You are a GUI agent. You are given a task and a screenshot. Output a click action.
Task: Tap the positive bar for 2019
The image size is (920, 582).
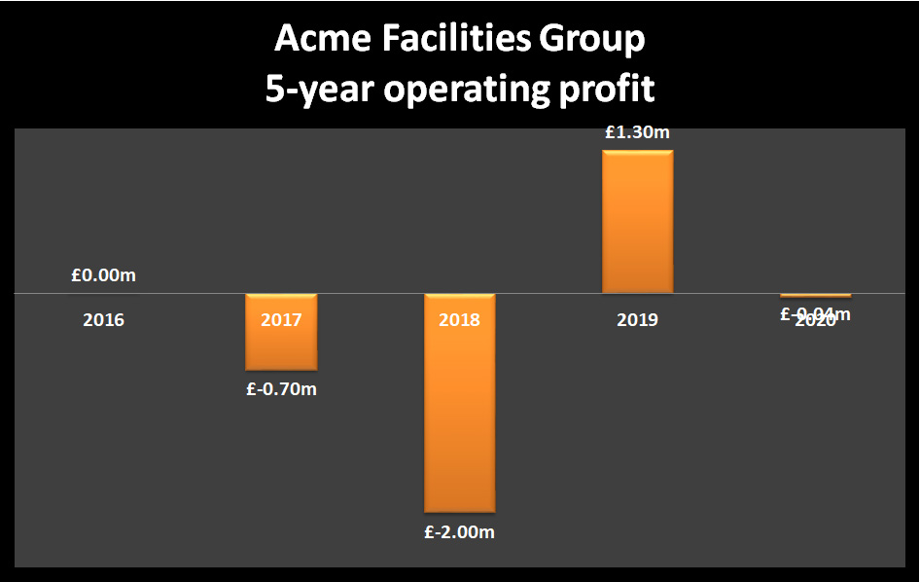637,222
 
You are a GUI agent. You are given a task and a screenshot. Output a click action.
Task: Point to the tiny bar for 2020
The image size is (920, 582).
815,295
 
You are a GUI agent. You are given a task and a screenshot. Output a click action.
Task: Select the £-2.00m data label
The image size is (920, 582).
459,532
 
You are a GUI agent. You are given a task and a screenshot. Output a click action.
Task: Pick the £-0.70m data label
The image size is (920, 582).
281,390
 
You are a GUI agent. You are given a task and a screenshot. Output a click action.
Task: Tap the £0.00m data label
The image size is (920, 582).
103,275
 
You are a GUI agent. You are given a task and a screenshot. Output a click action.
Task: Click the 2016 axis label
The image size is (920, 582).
103,319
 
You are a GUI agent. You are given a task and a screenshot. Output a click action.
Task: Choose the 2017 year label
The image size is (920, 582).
281,319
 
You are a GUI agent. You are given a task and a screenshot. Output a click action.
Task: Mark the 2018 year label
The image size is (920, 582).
459,319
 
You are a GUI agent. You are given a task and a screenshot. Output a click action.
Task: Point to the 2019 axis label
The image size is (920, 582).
637,319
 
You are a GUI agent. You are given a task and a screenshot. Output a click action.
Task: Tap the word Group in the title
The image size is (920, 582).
593,41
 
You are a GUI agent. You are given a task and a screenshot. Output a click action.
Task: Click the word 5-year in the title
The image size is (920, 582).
320,91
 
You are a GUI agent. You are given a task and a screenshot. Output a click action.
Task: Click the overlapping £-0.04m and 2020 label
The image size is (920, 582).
815,315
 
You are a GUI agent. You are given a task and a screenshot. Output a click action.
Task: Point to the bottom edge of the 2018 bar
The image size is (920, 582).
459,512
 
